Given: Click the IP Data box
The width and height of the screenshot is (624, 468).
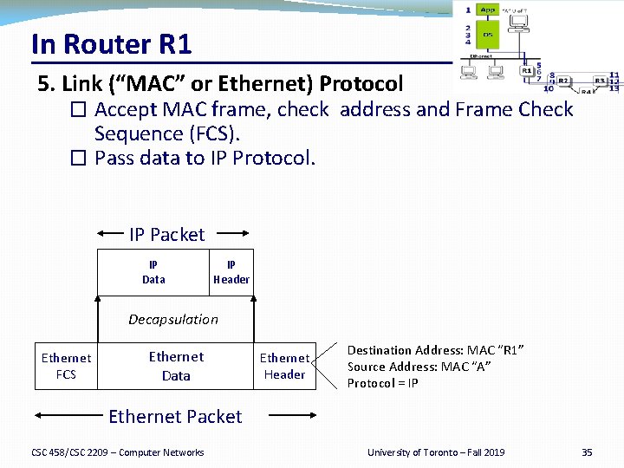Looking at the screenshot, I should click(153, 272).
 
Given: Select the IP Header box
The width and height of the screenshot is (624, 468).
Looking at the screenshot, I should click(231, 272).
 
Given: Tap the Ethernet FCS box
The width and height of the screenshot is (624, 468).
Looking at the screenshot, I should click(66, 367).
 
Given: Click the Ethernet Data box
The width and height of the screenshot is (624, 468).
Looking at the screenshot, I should click(176, 367).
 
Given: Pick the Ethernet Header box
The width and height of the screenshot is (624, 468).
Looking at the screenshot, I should click(284, 367).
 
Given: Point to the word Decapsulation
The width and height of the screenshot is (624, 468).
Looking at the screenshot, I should click(173, 320).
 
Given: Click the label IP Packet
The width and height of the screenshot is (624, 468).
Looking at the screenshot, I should click(166, 235).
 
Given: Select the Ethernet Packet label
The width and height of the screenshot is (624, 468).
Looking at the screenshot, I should click(175, 417).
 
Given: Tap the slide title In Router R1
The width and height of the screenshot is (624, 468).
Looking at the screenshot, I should click(111, 43).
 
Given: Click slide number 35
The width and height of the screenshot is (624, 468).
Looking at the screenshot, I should click(587, 452).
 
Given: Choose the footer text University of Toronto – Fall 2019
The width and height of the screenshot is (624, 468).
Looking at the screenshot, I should click(436, 452).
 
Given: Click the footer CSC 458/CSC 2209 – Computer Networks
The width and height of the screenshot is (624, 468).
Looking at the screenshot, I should click(118, 452).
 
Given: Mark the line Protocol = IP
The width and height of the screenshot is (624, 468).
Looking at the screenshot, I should click(383, 383).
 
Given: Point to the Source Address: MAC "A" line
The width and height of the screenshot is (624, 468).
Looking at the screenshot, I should click(419, 367).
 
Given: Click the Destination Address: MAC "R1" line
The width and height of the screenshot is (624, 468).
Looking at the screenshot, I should click(436, 350).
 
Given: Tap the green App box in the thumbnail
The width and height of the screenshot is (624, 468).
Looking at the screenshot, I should click(489, 10).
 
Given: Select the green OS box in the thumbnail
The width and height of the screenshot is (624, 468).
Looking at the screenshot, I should click(488, 35).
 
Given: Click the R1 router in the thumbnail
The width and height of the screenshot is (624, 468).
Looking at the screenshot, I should click(525, 73).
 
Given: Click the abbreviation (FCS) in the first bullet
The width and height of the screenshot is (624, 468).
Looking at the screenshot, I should click(212, 134).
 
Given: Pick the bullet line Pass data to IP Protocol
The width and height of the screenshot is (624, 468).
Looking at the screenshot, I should click(205, 159).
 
